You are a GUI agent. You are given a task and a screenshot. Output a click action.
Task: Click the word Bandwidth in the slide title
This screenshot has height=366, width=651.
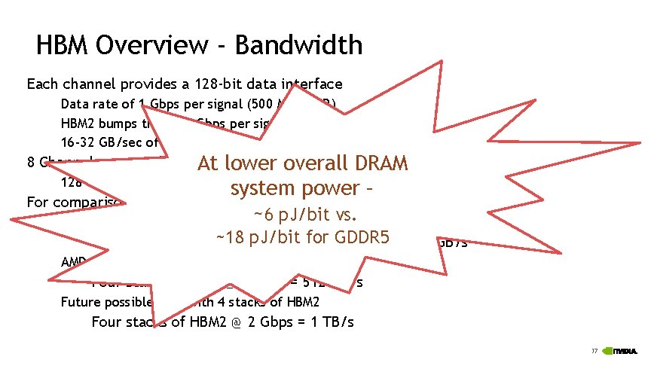coord(298,46)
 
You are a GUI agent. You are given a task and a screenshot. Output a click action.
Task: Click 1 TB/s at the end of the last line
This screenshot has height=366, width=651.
coord(335,322)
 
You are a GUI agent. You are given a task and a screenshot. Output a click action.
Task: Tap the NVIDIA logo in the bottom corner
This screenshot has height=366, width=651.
coord(622,351)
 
